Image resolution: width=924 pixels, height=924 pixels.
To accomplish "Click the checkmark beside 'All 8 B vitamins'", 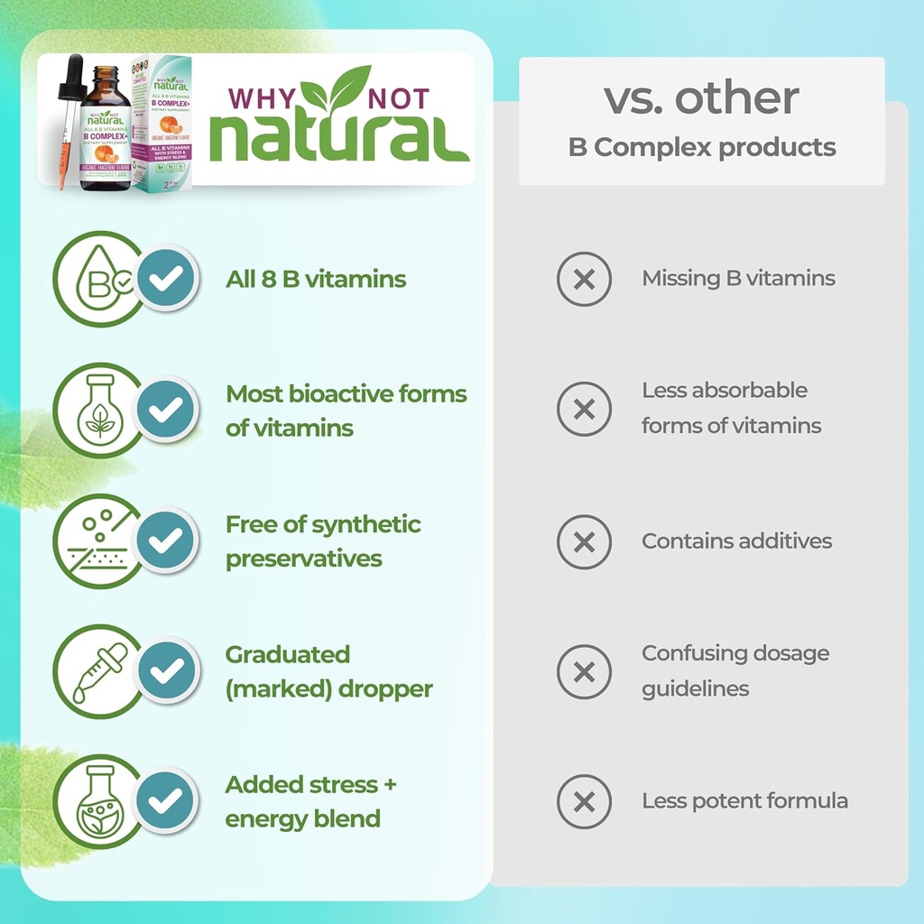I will (x=166, y=278).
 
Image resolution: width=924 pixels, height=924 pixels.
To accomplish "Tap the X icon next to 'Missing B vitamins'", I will (x=584, y=279).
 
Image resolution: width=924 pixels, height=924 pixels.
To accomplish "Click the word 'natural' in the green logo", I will (x=339, y=142).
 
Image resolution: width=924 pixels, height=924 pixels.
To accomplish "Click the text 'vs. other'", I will (x=701, y=97).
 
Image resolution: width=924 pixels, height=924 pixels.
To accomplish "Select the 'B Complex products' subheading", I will (x=701, y=147).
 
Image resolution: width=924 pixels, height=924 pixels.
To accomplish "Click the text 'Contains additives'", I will (x=736, y=541).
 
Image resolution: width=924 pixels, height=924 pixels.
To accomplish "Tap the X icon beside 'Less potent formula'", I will (x=584, y=801).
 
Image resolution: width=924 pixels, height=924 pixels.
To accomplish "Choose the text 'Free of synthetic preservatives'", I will (x=323, y=541).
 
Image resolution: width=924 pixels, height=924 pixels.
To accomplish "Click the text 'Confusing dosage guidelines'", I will (x=735, y=670).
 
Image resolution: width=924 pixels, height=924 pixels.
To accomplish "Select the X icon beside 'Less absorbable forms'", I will (x=584, y=410).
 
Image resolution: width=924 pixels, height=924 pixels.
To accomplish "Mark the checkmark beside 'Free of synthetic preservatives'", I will (x=166, y=541).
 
